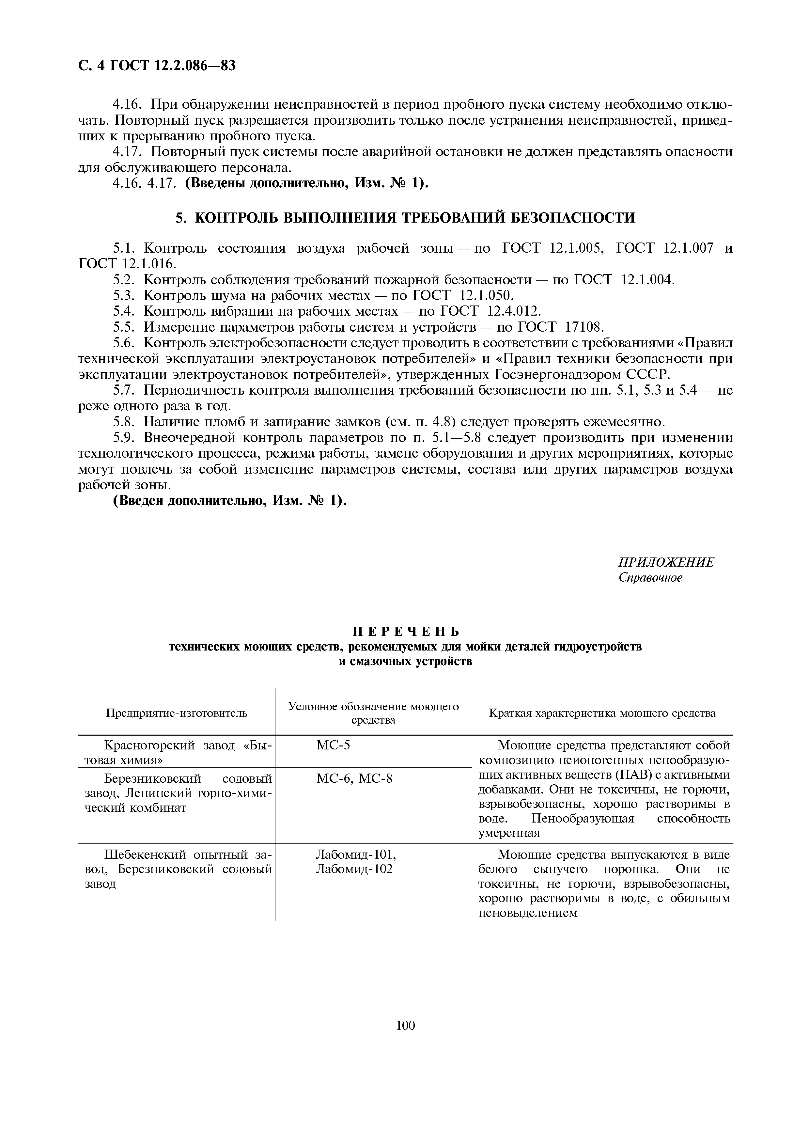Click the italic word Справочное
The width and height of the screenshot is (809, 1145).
pyautogui.click(x=650, y=577)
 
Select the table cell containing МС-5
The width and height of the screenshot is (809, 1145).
pyautogui.click(x=334, y=745)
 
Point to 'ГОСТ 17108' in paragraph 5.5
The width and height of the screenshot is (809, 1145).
pyautogui.click(x=561, y=327)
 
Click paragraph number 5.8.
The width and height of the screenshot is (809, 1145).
pyautogui.click(x=125, y=422)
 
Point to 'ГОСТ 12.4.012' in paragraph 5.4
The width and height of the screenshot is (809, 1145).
pyautogui.click(x=490, y=311)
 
